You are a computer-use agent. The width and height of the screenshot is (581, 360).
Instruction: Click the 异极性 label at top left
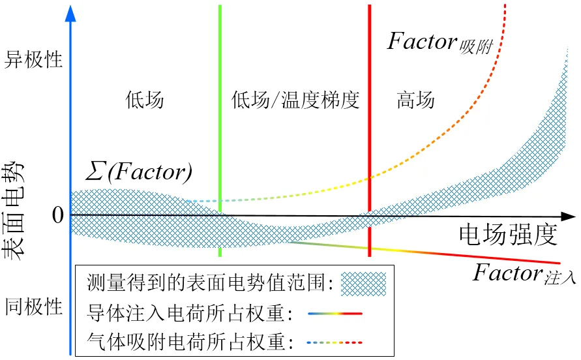point(33,59)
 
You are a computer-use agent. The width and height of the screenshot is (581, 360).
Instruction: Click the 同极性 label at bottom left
point(33,307)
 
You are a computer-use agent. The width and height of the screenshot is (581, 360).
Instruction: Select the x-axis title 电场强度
point(508,235)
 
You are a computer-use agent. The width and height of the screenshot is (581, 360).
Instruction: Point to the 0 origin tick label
point(58,215)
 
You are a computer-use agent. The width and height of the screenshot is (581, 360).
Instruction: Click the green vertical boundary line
point(220,130)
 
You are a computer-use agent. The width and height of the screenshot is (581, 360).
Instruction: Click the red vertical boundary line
point(370,130)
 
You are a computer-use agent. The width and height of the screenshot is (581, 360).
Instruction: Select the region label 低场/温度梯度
point(295,100)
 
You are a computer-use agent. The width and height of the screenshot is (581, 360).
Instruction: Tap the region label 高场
point(415,100)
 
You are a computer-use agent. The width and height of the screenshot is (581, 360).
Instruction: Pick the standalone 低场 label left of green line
point(145,100)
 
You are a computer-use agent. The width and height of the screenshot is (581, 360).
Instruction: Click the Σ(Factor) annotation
point(139,172)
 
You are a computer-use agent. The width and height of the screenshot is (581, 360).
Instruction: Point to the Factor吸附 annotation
point(440,42)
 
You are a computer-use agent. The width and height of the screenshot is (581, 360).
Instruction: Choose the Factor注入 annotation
point(524,274)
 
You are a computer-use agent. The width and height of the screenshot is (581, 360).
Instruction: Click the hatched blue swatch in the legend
point(363,284)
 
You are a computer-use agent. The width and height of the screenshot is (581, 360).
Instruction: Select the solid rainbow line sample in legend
point(335,314)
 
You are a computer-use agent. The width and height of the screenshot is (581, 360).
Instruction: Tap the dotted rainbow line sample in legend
point(335,342)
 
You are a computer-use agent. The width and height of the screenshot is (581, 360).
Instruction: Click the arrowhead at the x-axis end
point(569,217)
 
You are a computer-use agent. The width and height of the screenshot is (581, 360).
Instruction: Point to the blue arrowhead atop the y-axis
point(70,13)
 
